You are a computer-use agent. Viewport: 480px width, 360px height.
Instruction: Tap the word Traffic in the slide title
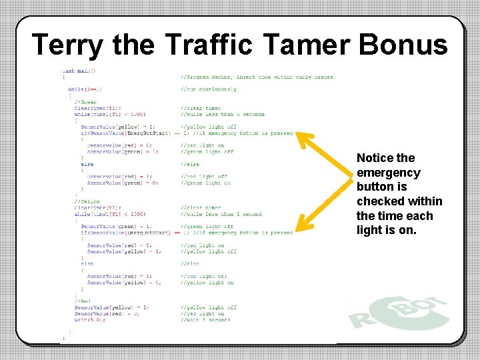(x=209, y=45)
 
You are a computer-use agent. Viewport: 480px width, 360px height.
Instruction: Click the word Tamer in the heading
(x=307, y=45)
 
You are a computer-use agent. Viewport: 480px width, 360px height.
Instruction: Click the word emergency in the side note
(x=389, y=173)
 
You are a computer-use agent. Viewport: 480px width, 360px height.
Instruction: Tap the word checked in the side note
(x=381, y=201)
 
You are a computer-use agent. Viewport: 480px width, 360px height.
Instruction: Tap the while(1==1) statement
(x=85, y=89)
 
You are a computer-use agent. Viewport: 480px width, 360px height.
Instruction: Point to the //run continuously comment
(x=208, y=89)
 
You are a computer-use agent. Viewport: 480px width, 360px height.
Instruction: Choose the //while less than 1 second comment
(x=221, y=214)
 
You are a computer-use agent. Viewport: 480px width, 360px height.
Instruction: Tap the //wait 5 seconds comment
(x=205, y=319)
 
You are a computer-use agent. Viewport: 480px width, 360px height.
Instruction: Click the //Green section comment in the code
(x=85, y=102)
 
